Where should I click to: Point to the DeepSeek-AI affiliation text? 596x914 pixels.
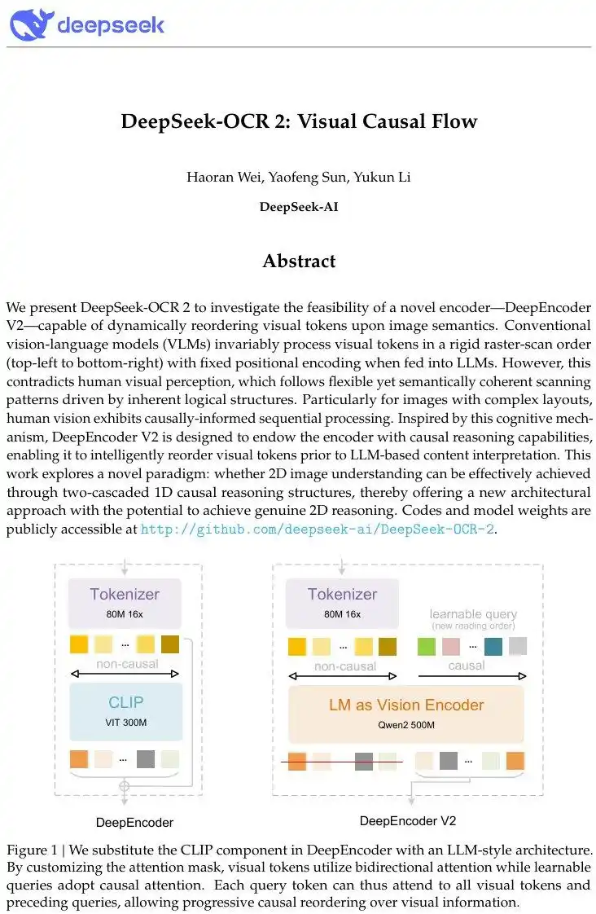[x=299, y=206]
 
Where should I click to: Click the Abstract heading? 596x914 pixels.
[x=299, y=261]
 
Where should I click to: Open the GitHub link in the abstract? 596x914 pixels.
[x=318, y=529]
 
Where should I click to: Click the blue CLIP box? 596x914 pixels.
[x=125, y=708]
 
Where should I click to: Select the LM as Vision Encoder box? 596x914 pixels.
[x=405, y=712]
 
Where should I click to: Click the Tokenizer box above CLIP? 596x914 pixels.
[x=125, y=600]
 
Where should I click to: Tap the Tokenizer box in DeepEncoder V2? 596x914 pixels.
[x=342, y=600]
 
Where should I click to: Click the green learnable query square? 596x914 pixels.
[x=426, y=646]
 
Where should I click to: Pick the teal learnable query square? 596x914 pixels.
[x=493, y=646]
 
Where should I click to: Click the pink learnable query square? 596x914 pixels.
[x=450, y=646]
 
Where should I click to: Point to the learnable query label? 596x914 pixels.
[x=473, y=614]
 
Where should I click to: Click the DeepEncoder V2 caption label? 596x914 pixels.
[x=401, y=820]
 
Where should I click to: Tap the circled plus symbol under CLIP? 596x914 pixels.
[x=125, y=786]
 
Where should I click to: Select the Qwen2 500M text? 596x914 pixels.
[x=405, y=725]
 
